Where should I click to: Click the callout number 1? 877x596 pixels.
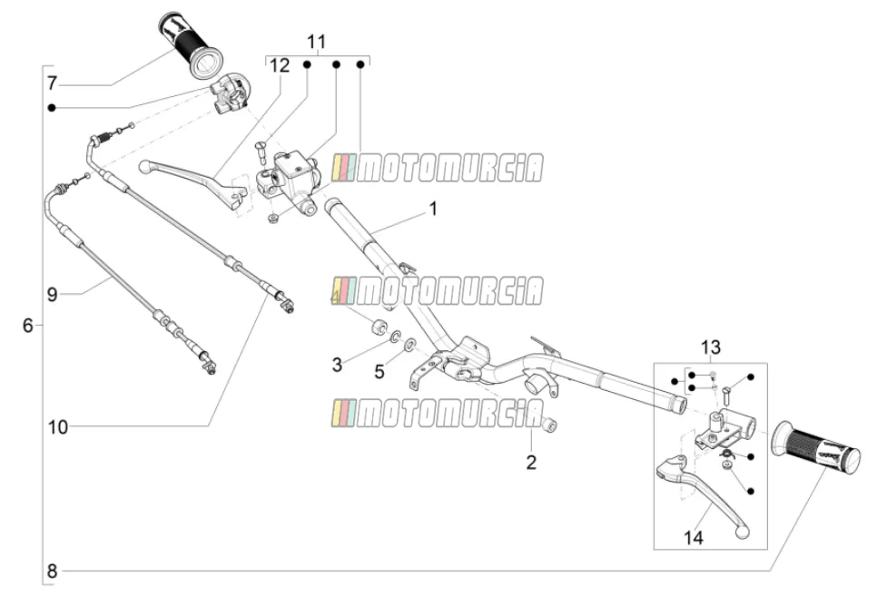click(x=433, y=210)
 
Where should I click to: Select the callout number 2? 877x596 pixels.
click(x=531, y=462)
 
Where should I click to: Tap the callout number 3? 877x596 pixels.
click(x=337, y=365)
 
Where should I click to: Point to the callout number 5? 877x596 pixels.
click(x=379, y=372)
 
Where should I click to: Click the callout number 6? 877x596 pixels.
click(x=28, y=325)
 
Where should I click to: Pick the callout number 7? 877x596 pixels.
click(x=52, y=83)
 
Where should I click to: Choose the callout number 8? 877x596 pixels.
click(x=52, y=572)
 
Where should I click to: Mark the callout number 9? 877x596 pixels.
click(x=52, y=294)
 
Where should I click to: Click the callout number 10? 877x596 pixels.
click(x=57, y=427)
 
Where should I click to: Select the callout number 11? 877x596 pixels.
click(x=316, y=42)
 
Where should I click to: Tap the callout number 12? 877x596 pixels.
click(x=280, y=65)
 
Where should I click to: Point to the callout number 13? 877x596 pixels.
click(x=710, y=347)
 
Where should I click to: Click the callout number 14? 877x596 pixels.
click(x=693, y=538)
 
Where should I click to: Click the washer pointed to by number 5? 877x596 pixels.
click(x=409, y=343)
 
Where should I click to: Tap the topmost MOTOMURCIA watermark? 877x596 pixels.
click(x=438, y=168)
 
